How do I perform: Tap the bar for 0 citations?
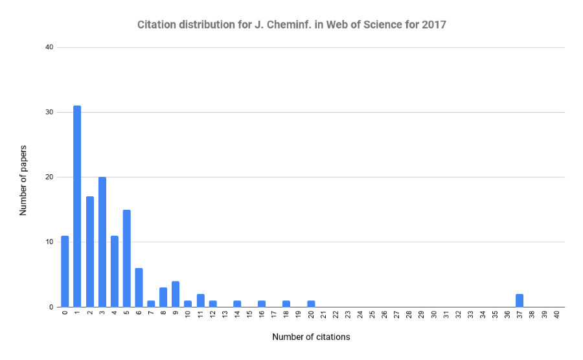coord(65,271)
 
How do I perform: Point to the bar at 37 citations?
coord(520,300)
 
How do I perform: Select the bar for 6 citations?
coord(139,287)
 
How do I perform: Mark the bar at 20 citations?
coord(311,304)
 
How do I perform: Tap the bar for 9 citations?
coord(176,294)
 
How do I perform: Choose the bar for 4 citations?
coord(114,271)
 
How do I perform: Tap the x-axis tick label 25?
coord(372,315)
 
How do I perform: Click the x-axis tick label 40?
coord(556,315)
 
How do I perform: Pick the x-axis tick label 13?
coord(225,315)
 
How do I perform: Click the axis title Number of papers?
coord(23,177)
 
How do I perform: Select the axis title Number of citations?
coord(311,337)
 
